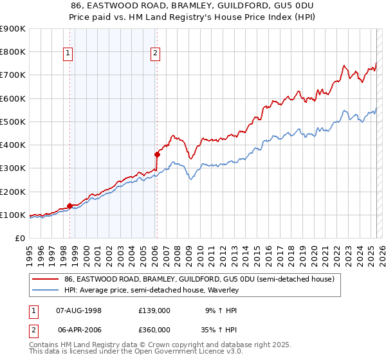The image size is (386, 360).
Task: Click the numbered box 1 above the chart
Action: [69, 54]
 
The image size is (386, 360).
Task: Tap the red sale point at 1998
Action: [69, 206]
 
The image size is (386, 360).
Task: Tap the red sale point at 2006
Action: [157, 154]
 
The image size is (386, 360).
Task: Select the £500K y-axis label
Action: [13, 122]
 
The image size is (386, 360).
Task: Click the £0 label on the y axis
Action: [19, 238]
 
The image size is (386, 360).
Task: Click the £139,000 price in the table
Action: [154, 310]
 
